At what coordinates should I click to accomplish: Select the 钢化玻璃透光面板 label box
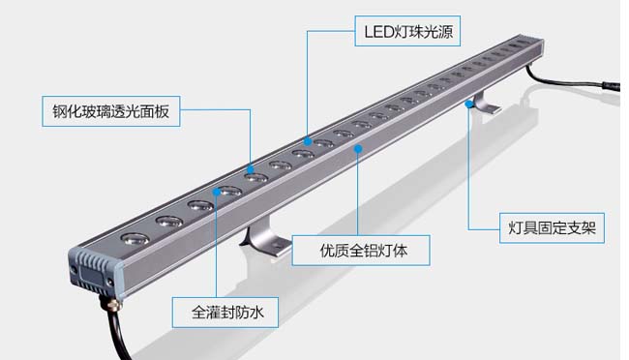[111, 111]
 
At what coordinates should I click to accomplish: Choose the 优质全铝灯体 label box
[363, 251]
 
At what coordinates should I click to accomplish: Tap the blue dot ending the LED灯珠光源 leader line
[308, 141]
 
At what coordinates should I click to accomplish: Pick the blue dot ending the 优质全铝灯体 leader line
[359, 148]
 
